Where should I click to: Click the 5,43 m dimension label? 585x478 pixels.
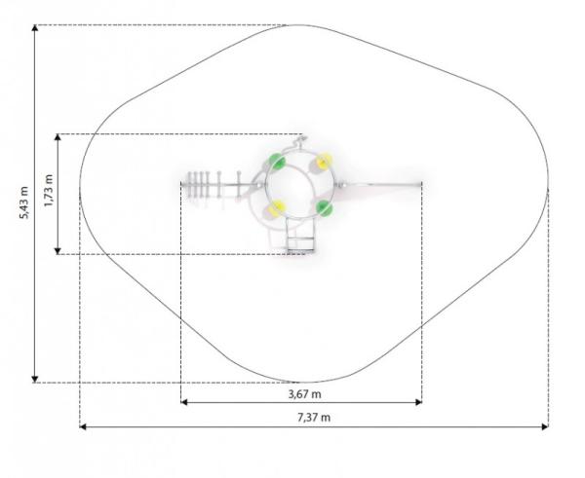23,203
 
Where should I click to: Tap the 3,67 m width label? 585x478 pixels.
305,394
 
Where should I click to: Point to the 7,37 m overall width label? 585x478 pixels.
314,418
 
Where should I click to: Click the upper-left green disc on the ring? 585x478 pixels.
277,162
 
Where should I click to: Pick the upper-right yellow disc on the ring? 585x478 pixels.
324,161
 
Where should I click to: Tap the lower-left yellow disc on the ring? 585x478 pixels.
277,208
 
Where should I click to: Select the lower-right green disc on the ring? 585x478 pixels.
324,207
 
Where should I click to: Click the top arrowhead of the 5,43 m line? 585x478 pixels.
35,28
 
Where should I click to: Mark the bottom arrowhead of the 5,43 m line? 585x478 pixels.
35,380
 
